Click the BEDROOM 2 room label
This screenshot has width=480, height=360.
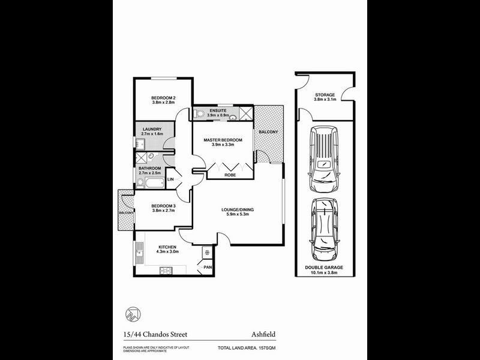(x=163, y=98)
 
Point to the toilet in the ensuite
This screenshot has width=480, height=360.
(x=199, y=113)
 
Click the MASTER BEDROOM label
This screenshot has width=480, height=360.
(x=223, y=140)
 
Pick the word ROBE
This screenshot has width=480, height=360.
(x=230, y=176)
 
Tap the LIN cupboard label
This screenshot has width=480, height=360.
(x=170, y=179)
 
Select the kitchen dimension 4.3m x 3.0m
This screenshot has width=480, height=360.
(x=167, y=253)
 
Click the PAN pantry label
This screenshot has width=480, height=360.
(x=208, y=267)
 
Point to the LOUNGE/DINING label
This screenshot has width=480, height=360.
(x=238, y=209)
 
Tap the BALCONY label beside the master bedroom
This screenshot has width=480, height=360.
(x=267, y=131)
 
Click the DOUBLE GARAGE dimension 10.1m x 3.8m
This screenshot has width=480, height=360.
(x=325, y=274)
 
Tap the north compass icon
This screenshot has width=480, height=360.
(x=133, y=314)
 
